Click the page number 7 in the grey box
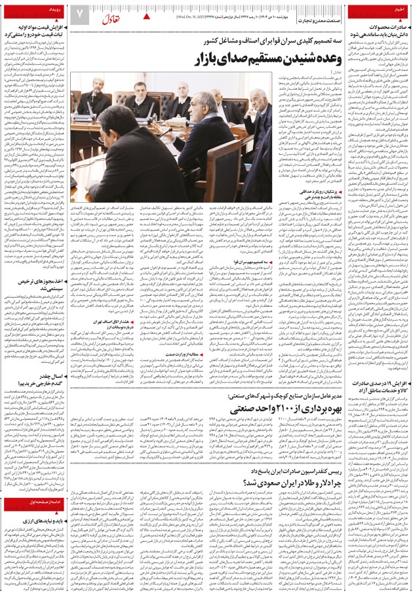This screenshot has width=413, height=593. pos(80,14)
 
